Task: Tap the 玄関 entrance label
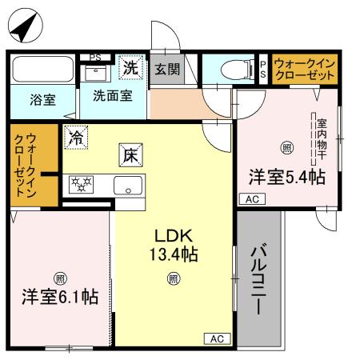(167, 70)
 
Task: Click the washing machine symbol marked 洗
(130, 68)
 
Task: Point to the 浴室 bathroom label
(42, 100)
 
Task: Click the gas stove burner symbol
(81, 186)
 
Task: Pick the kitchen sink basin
(128, 188)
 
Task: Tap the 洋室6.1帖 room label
(59, 297)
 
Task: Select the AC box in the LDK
(216, 338)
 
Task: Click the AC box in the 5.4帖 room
(251, 199)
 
